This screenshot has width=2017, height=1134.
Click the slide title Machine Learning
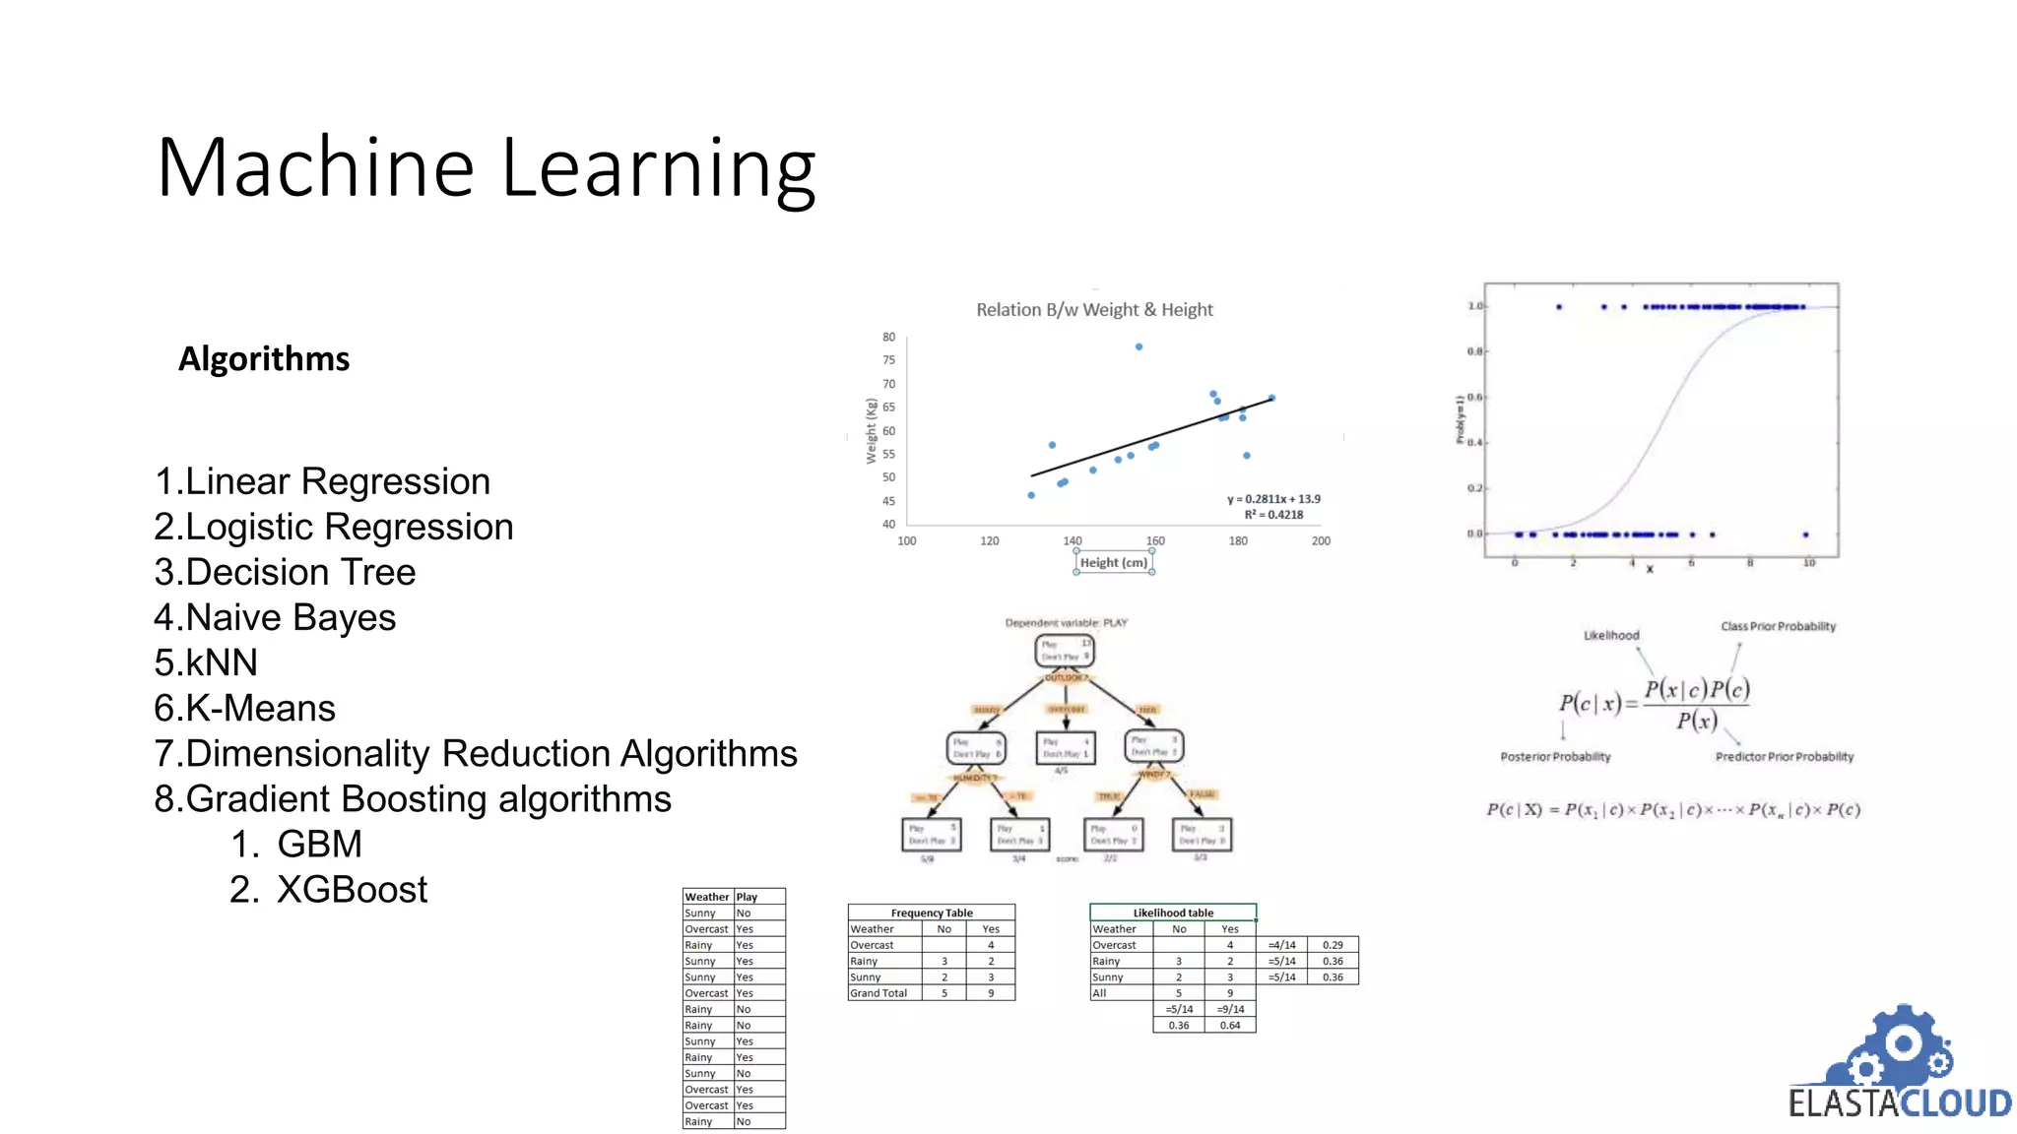[487, 168]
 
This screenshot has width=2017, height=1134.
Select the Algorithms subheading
[264, 359]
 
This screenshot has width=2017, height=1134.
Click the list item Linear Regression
[322, 481]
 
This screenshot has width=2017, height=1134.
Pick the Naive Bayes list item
[275, 617]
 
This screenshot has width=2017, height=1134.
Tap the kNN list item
[206, 662]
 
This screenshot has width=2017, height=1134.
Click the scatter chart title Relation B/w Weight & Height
[1094, 310]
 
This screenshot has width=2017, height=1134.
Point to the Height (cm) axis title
[1114, 563]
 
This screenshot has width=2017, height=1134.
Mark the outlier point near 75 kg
[1139, 346]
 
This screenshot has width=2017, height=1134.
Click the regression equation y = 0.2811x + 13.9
[1273, 499]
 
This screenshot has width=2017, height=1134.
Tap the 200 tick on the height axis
[1321, 541]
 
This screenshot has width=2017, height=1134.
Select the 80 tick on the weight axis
[888, 338]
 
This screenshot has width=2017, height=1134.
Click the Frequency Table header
[932, 913]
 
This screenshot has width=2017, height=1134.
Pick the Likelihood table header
[1173, 913]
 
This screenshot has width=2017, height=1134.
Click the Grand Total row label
[878, 993]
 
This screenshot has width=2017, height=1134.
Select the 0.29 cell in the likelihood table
[1333, 945]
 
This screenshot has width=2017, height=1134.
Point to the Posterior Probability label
[1555, 757]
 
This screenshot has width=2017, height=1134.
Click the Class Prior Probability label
[1778, 626]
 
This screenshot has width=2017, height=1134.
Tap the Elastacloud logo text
[1900, 1103]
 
